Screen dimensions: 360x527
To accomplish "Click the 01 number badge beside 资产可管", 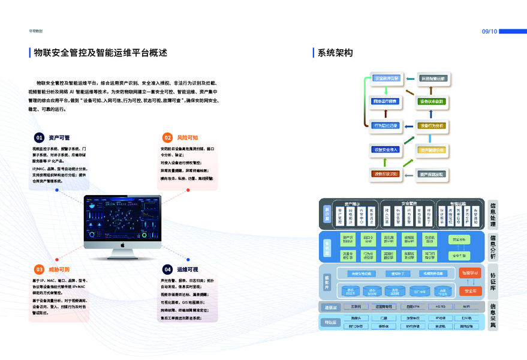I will tap(39, 137).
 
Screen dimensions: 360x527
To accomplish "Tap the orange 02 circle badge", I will tap(168, 137).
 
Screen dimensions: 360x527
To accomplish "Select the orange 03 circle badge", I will tap(39, 269).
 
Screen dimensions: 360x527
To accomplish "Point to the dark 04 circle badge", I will tap(168, 269).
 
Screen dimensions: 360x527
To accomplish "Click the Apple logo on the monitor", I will tap(122, 245).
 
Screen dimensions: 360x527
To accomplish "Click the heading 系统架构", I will tap(335, 53).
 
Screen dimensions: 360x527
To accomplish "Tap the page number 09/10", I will tap(490, 31).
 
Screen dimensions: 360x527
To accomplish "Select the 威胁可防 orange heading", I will tap(59, 269).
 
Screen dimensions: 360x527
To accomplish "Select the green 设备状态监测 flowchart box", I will tap(431, 101).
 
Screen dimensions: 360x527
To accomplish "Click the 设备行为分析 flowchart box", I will tap(431, 125).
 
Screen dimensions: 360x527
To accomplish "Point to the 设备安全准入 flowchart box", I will tap(386, 149).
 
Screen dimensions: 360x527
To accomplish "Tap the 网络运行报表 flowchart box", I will tap(386, 101).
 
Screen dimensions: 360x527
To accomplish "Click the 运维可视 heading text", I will tap(188, 269).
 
